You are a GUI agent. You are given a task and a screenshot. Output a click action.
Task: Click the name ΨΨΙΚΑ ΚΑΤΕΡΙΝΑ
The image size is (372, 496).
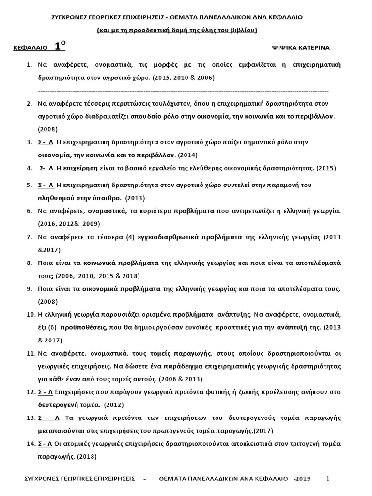301,47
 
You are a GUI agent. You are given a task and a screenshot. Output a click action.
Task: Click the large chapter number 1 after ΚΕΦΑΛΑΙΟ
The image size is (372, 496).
58,46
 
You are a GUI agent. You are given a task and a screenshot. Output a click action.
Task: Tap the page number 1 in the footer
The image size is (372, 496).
328,479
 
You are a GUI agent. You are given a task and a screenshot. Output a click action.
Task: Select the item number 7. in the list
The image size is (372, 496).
29,237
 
